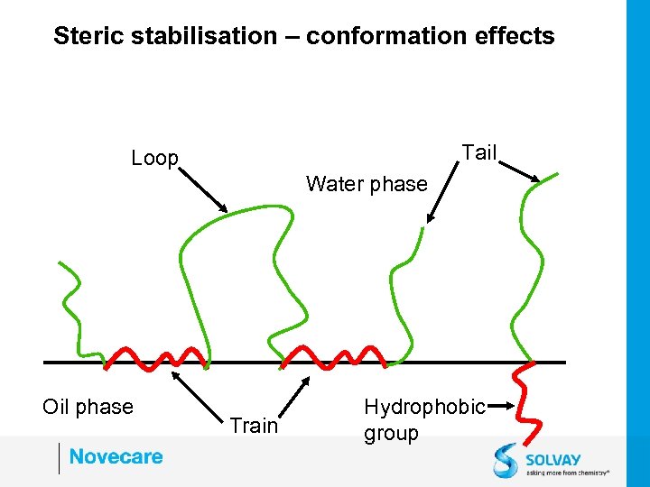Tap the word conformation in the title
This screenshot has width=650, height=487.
pos(389,36)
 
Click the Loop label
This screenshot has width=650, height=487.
pos(155,159)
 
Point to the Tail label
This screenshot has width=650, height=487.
pos(479,152)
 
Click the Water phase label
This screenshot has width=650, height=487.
pos(367,184)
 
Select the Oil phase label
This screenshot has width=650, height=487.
pos(88,407)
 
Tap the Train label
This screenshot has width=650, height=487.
pos(254,426)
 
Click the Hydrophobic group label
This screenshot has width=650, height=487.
pos(424,420)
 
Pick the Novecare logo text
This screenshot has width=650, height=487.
pos(116,456)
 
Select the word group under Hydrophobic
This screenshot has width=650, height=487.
pos(391,433)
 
